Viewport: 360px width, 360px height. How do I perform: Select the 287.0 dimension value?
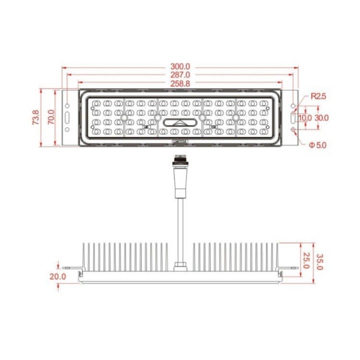point(180,75)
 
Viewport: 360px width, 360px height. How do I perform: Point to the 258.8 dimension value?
point(180,84)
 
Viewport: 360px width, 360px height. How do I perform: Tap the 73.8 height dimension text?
point(35,118)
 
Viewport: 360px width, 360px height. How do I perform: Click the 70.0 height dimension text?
point(50,118)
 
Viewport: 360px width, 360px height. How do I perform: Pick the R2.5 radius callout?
point(318,96)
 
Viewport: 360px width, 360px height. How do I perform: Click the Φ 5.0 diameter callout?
point(317,145)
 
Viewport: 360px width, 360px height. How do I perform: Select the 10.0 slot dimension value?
point(304,118)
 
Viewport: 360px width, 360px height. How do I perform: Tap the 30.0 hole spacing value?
point(321,118)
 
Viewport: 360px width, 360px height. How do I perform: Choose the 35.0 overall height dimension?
point(320,261)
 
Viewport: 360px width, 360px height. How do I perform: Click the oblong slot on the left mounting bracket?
point(67,118)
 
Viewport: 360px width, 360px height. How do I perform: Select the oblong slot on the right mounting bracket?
point(293,118)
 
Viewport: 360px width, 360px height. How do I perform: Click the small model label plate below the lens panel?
point(179,142)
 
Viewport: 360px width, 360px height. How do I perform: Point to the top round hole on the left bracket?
point(67,105)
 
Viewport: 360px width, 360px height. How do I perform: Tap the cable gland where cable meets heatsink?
point(179,266)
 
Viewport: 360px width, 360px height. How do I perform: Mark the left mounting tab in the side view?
point(76,270)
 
